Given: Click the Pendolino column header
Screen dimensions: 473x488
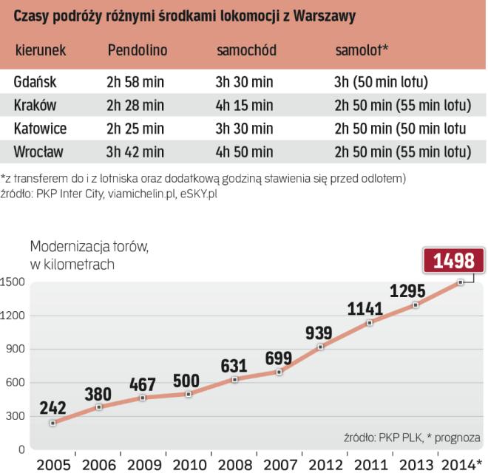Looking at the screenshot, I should (x=138, y=50).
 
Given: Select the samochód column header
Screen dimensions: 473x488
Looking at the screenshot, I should (x=247, y=50).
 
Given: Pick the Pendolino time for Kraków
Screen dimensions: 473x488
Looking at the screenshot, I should (x=136, y=105).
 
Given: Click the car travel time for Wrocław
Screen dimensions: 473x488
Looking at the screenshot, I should (x=245, y=152).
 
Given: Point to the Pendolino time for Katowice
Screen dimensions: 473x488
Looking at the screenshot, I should (x=136, y=129).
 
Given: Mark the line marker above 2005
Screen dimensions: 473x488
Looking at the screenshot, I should (x=53, y=423).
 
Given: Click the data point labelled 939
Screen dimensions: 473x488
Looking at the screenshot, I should (x=319, y=347).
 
